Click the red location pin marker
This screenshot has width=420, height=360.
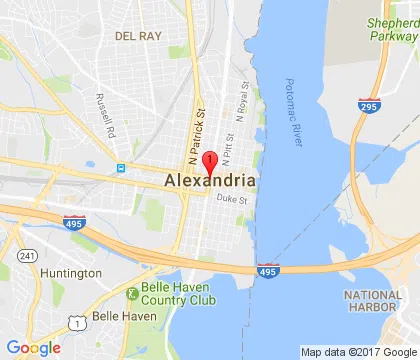pos(210,163)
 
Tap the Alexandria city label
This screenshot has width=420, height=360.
pos(208,180)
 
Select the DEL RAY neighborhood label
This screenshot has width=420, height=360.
pos(137,34)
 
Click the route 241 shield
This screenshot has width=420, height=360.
pos(26,256)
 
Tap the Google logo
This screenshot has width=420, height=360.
pos(32,347)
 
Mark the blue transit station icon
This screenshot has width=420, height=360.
pos(119,168)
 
